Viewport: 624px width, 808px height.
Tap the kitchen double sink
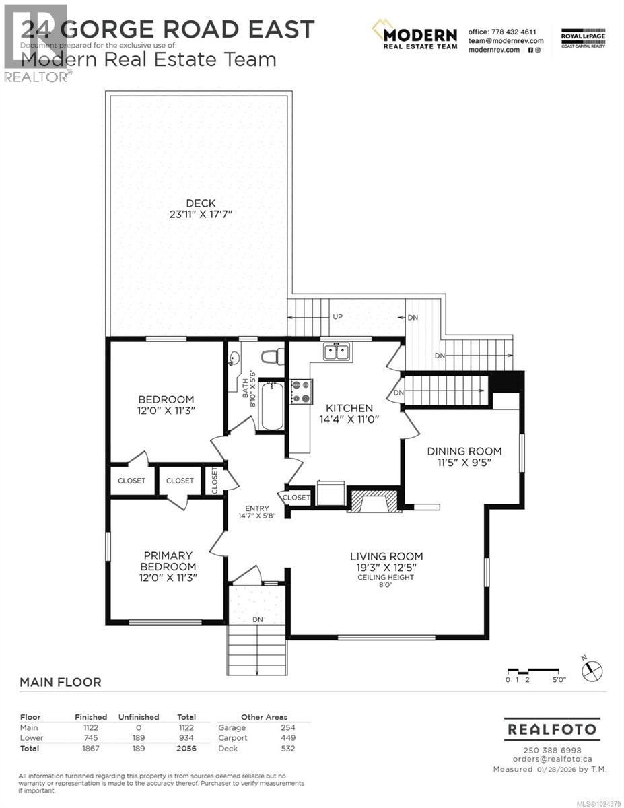pyautogui.click(x=335, y=351)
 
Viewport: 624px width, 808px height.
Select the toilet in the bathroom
pyautogui.click(x=272, y=357)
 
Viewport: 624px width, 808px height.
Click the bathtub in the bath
pyautogui.click(x=273, y=406)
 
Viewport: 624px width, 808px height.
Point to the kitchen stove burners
pyautogui.click(x=300, y=391)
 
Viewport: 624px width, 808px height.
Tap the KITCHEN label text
pyautogui.click(x=349, y=408)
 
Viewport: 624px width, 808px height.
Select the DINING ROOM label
pyautogui.click(x=464, y=451)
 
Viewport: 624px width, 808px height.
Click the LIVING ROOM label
pyautogui.click(x=386, y=556)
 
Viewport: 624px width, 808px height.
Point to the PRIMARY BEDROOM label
pyautogui.click(x=168, y=561)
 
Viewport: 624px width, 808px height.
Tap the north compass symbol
pyautogui.click(x=592, y=670)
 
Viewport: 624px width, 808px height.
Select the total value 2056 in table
pyautogui.click(x=185, y=748)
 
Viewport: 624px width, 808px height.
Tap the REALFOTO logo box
pyautogui.click(x=551, y=729)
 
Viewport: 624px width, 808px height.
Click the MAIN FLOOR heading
pyautogui.click(x=61, y=682)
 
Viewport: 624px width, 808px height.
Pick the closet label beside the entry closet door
pyautogui.click(x=296, y=498)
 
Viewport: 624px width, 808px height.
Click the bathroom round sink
pyautogui.click(x=235, y=359)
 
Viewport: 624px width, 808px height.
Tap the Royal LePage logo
pyautogui.click(x=583, y=37)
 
